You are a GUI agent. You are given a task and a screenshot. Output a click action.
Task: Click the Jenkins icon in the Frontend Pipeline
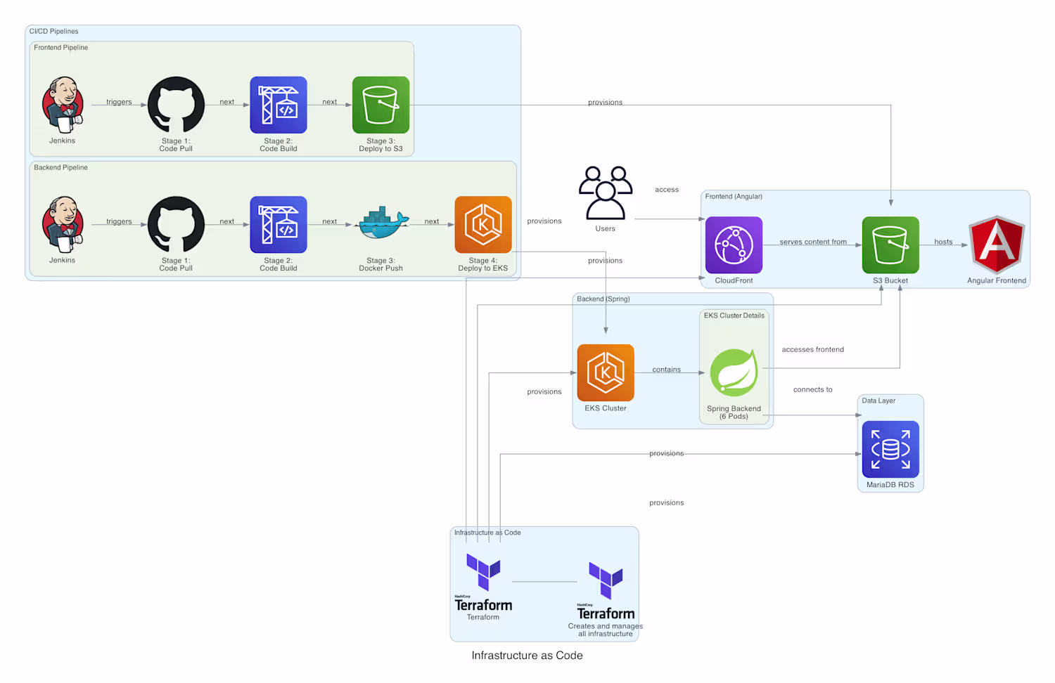click(63, 105)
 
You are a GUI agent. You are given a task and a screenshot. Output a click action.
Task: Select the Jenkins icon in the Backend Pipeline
click(63, 224)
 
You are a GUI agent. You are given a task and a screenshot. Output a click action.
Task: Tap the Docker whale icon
click(381, 224)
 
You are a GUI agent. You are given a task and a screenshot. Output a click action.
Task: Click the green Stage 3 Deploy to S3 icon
click(381, 105)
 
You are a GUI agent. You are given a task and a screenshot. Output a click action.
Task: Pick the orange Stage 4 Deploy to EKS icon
click(483, 224)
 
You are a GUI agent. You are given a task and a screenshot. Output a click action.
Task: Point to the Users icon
click(605, 193)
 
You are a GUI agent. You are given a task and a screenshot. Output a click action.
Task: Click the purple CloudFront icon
click(734, 245)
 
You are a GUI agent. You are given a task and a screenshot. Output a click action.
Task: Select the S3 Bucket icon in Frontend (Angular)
click(890, 245)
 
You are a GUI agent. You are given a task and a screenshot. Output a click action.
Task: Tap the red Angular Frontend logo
click(997, 245)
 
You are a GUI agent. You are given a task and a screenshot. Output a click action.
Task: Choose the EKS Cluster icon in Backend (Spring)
click(606, 372)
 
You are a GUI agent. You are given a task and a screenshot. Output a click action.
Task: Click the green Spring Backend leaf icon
click(734, 372)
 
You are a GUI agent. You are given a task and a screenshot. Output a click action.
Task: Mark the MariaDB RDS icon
click(890, 449)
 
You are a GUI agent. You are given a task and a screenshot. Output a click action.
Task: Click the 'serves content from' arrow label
click(813, 242)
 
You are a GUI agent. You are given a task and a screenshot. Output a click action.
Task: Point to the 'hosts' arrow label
click(943, 242)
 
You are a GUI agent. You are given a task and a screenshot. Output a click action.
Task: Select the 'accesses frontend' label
click(813, 349)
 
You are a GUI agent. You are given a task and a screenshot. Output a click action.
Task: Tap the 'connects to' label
click(813, 389)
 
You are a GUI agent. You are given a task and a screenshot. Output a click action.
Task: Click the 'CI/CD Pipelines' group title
click(54, 32)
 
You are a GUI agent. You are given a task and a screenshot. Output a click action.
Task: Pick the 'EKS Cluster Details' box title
click(734, 316)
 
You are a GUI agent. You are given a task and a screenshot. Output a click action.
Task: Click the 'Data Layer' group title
click(878, 401)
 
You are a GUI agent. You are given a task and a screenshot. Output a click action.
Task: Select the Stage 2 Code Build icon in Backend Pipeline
click(279, 224)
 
